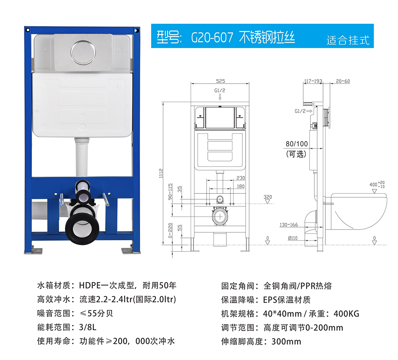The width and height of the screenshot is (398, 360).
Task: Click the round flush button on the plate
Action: click(x=83, y=53)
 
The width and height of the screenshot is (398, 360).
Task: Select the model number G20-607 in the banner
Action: click(x=212, y=37)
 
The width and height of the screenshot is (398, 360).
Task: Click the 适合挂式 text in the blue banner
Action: click(x=348, y=40)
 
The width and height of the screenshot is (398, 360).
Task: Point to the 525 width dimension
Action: click(x=220, y=81)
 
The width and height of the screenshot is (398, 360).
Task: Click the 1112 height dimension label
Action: click(x=161, y=173)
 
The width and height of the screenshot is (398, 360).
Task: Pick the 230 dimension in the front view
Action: click(x=241, y=178)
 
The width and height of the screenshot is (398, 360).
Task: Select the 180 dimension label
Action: click(x=241, y=186)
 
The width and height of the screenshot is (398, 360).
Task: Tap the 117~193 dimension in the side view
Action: click(x=313, y=81)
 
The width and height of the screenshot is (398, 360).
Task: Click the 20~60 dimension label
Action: click(x=343, y=81)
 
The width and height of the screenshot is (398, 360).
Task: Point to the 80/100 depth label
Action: click(x=297, y=144)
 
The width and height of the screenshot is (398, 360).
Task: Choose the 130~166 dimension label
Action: click(x=289, y=225)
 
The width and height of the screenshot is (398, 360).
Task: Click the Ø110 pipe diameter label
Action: click(x=293, y=238)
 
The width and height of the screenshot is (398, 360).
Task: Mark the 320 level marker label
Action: click(x=267, y=197)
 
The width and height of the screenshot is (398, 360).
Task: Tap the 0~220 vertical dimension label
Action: click(x=170, y=230)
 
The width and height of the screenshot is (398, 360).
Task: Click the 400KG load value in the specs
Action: click(x=347, y=314)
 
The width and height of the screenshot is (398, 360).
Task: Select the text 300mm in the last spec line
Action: click(x=286, y=341)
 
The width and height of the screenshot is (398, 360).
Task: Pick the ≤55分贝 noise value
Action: click(x=96, y=313)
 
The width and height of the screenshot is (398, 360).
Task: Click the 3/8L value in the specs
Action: click(x=88, y=327)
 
